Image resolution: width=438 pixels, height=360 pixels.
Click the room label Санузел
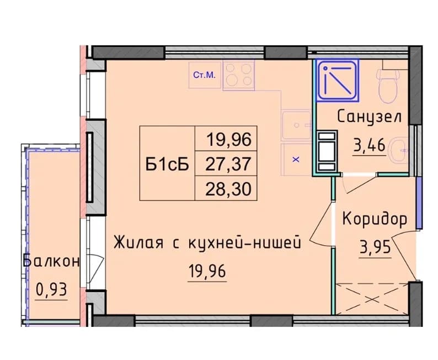tap(369, 117)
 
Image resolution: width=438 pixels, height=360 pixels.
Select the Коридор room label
tap(375, 219)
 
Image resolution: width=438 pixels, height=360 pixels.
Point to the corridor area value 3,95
tap(375, 247)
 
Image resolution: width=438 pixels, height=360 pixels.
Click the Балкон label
tap(51, 262)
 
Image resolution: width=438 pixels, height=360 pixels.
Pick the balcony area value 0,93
tap(51, 289)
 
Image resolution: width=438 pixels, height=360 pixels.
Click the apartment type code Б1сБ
tap(167, 164)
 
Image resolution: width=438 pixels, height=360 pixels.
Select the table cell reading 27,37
tap(228, 164)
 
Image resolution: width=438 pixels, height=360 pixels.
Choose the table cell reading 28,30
tap(228, 189)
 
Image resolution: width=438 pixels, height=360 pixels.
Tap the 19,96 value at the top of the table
tap(229, 139)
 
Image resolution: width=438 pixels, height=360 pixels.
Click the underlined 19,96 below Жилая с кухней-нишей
tap(207, 271)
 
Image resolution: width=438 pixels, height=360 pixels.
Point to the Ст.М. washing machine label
tap(205, 75)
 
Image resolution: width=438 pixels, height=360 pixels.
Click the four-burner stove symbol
tap(238, 75)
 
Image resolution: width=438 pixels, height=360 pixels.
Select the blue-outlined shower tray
tap(338, 80)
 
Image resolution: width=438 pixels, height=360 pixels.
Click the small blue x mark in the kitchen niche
tap(296, 160)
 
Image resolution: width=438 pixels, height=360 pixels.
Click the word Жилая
tap(138, 242)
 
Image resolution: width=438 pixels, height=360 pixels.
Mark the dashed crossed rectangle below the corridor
tap(373, 299)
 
